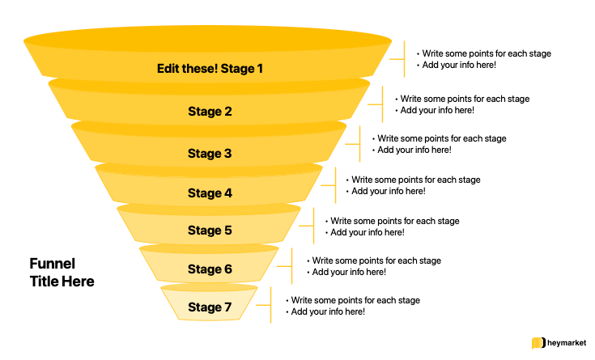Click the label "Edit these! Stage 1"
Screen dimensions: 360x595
210,69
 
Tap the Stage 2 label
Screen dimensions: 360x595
210,112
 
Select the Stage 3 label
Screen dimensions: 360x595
210,154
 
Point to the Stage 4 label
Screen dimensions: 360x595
210,193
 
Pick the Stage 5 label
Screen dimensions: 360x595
210,231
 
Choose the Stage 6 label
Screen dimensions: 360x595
210,269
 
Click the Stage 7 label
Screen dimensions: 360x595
210,307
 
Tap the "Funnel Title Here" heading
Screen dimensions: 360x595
62,273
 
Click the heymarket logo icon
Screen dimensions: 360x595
537,343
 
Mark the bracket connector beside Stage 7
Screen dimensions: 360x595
270,306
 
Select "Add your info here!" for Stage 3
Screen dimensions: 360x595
414,150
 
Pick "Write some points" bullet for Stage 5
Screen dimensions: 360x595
394,221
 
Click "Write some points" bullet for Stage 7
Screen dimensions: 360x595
355,300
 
